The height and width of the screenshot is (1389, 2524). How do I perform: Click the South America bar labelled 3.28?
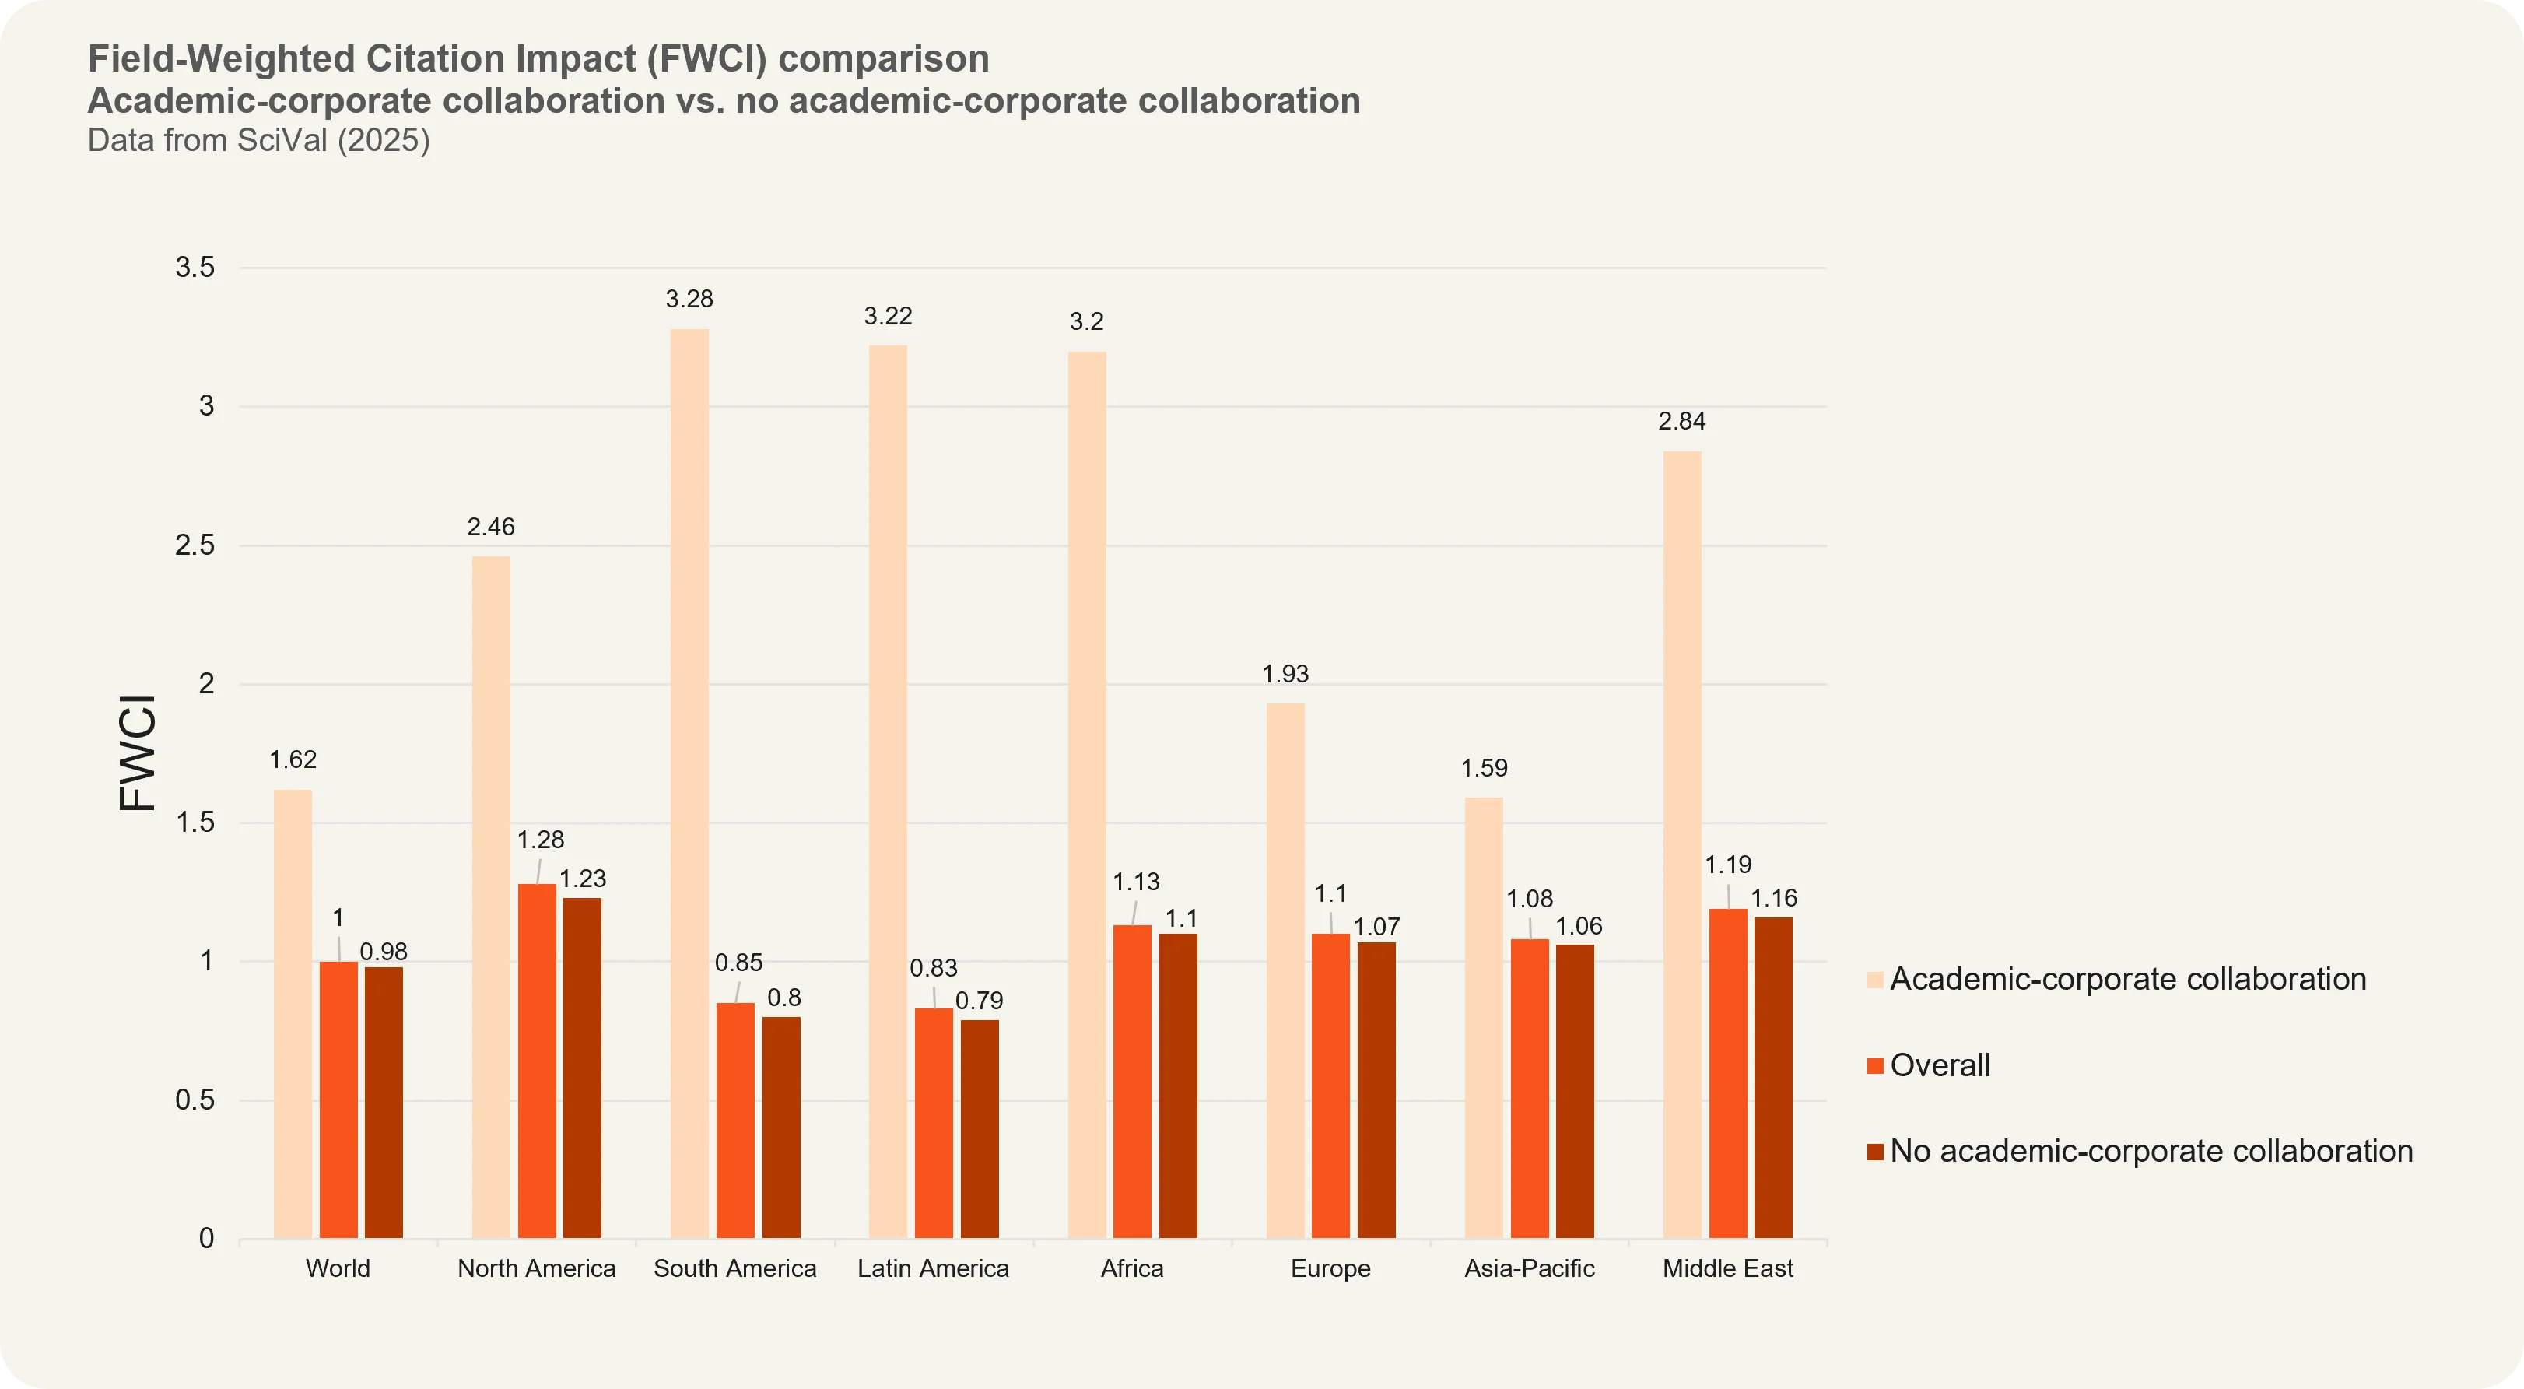[x=689, y=784]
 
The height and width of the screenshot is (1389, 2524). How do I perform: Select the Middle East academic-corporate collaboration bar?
[x=1682, y=843]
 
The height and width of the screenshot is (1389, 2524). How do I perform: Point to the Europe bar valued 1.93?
[x=1285, y=970]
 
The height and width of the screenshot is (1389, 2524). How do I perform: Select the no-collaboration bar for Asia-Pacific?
[x=1575, y=1091]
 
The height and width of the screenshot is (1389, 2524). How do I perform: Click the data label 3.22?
[x=888, y=317]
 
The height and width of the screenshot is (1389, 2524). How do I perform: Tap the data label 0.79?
[x=979, y=1001]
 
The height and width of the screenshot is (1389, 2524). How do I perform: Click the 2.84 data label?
[x=1681, y=422]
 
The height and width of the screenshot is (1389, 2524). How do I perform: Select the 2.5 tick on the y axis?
[x=195, y=546]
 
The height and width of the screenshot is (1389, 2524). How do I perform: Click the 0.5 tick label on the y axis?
[x=195, y=1100]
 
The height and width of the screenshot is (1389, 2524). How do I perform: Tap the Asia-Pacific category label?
[x=1529, y=1268]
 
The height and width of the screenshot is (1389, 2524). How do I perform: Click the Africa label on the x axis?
[x=1132, y=1268]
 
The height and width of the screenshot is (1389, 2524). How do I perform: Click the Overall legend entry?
[x=1939, y=1065]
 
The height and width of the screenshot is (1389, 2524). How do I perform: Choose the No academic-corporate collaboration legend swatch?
[x=1875, y=1152]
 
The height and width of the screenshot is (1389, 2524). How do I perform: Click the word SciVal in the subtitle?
[x=282, y=141]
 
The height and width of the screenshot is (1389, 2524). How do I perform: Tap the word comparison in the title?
[x=883, y=59]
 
